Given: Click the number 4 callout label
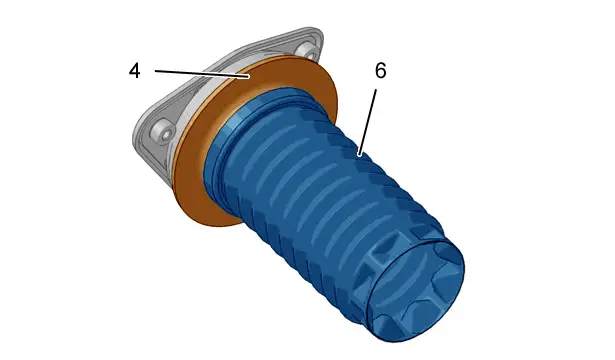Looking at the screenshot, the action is point(135,71).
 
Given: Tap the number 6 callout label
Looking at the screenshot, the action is point(380,71).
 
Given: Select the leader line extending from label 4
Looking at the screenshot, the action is point(202,74).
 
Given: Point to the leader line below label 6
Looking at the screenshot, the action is point(368,122).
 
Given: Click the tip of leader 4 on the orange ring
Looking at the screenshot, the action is point(249,77).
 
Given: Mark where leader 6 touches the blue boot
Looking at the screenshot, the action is point(359,155).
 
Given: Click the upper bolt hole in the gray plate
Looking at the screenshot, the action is point(308,51).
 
